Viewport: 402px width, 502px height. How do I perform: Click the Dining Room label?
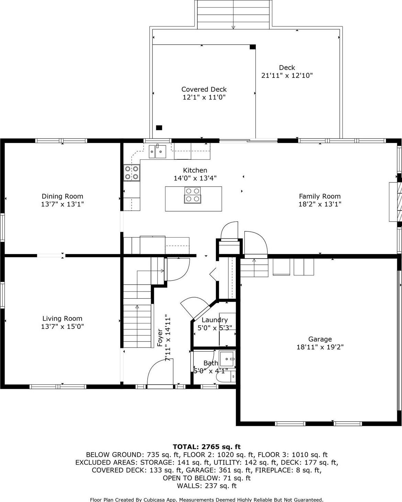pos(62,196)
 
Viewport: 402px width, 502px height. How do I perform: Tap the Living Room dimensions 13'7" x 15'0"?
pos(62,326)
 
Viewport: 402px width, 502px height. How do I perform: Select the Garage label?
pos(320,339)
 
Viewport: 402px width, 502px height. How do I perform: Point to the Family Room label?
pos(320,196)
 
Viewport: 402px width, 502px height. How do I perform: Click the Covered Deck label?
pos(204,89)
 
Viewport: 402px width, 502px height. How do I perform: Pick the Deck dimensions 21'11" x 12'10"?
pos(287,75)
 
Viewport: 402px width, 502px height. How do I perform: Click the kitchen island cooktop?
pos(193,195)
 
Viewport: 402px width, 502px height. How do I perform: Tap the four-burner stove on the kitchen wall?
pos(132,172)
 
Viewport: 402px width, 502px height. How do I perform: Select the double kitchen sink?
pos(157,151)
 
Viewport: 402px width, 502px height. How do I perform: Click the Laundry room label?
pos(215,320)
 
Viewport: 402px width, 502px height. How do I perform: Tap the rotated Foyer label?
pos(160,338)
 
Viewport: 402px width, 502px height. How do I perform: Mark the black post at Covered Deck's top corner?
pos(253,47)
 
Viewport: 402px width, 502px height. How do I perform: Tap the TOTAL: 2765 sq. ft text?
pos(206,446)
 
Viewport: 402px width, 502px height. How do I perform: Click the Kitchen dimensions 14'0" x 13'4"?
pos(195,178)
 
